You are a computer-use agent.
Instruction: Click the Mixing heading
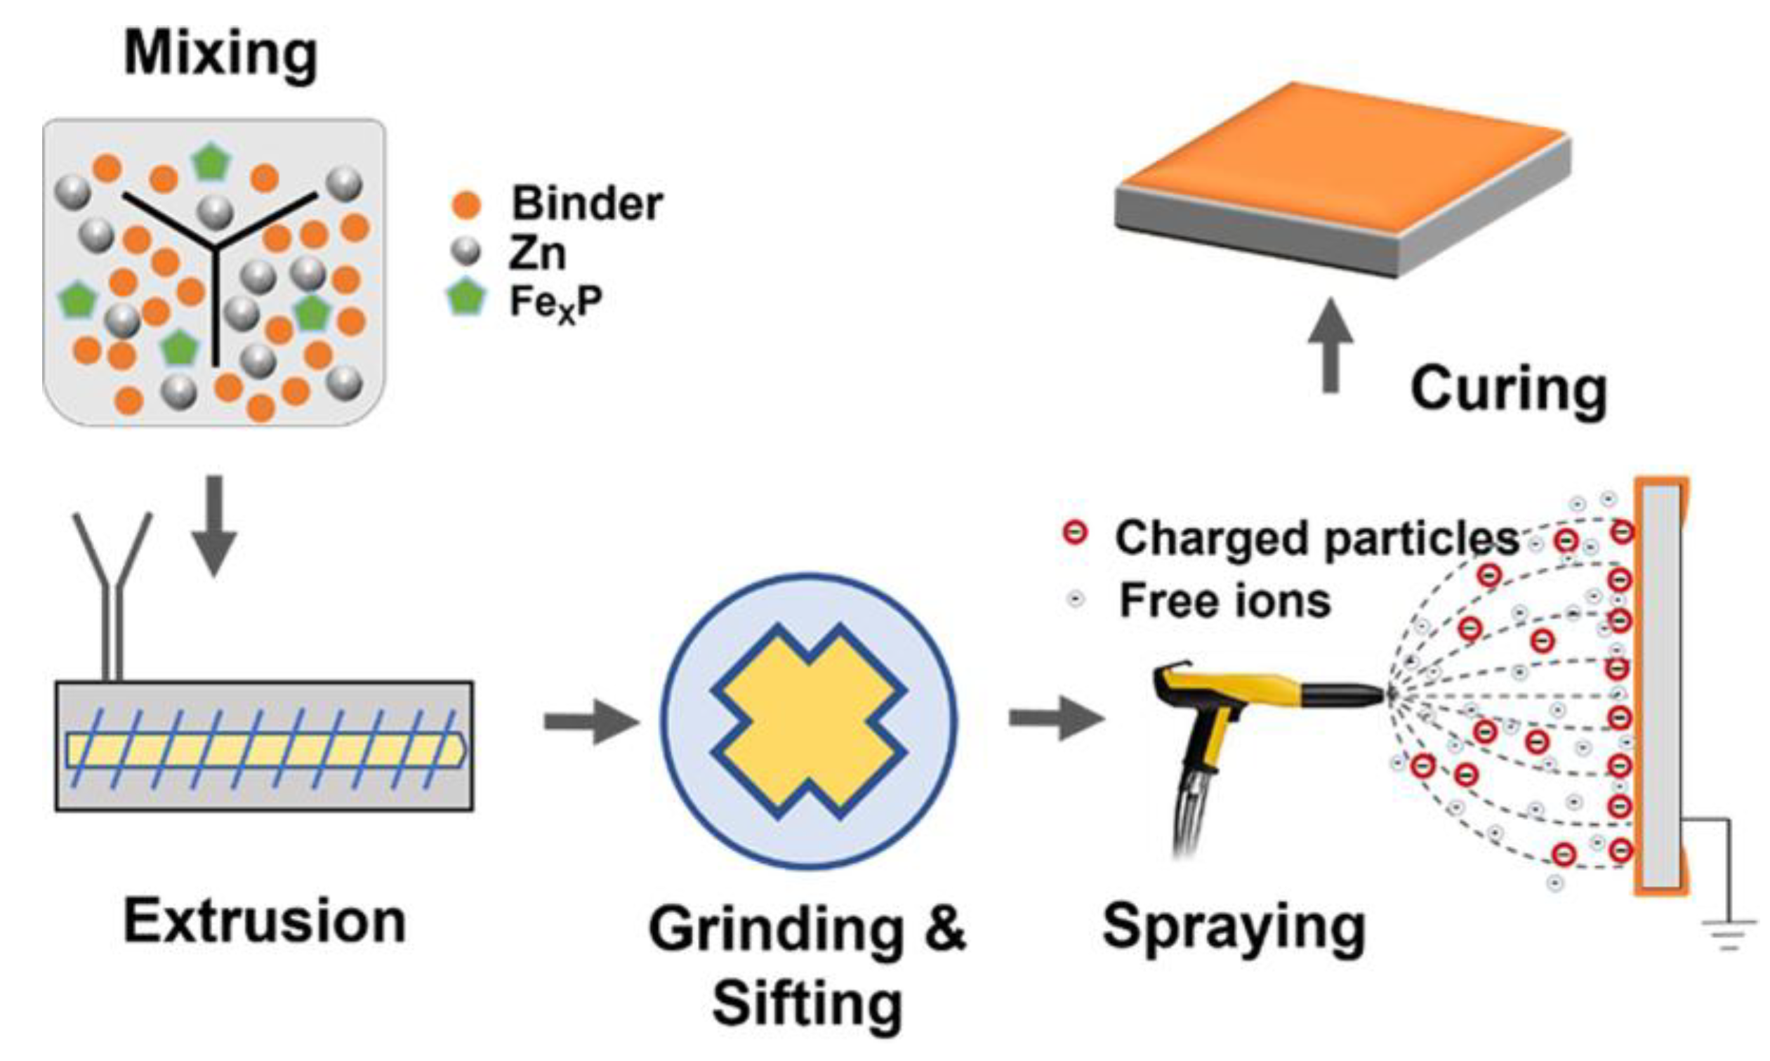220,54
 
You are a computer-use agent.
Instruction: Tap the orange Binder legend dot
466,204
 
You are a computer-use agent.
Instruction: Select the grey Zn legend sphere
466,251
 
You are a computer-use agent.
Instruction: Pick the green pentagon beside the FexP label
466,299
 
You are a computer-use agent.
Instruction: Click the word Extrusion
265,921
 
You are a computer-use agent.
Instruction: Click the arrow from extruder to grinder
590,720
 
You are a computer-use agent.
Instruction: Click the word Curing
1508,390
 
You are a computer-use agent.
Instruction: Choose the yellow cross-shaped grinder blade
809,720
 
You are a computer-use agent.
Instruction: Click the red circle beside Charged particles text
1075,534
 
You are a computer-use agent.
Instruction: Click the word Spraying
1233,927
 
